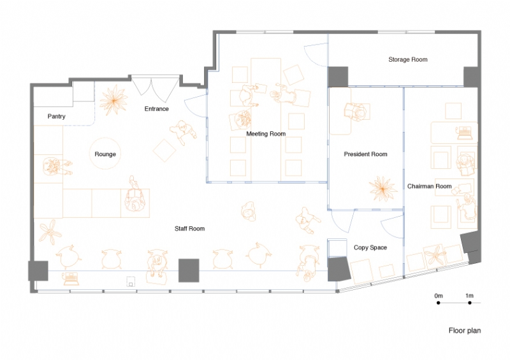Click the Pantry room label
(56, 117)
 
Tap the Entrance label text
(156, 109)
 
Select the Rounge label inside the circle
(105, 154)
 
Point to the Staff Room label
(190, 228)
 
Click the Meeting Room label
(266, 134)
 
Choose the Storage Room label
(407, 59)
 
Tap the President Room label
(365, 154)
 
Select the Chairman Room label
(429, 186)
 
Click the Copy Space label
(370, 247)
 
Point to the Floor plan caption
(465, 331)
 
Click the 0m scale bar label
(439, 296)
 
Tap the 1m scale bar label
(469, 296)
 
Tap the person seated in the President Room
(356, 112)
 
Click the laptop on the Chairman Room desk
(464, 133)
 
